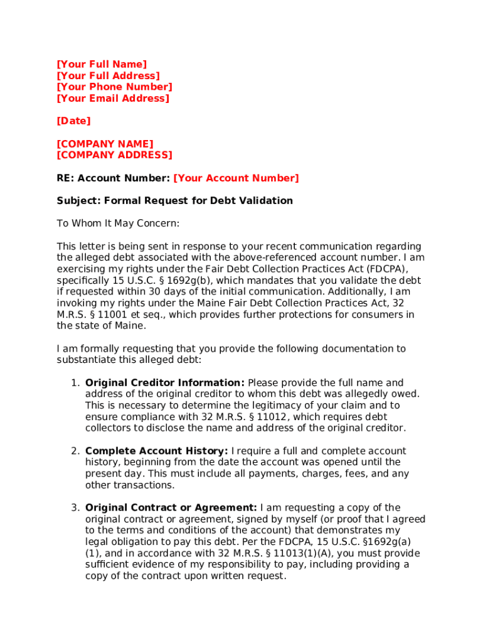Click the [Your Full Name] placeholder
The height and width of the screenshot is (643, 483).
tap(102, 64)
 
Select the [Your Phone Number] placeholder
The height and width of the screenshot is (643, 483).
tap(114, 87)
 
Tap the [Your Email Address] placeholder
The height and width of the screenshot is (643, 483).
tap(113, 99)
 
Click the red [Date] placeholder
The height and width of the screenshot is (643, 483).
tap(73, 121)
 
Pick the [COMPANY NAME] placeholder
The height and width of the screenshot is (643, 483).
tap(105, 144)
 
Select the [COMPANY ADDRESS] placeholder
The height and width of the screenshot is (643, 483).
tap(114, 155)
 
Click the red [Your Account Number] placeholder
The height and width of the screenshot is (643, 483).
tap(236, 178)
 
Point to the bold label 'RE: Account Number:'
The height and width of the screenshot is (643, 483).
tap(113, 178)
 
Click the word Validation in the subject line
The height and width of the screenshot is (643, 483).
tap(268, 201)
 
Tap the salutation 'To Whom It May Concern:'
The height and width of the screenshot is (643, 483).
tap(118, 224)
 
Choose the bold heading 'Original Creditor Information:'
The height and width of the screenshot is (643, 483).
tap(165, 383)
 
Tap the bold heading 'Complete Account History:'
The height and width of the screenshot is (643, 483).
tap(157, 451)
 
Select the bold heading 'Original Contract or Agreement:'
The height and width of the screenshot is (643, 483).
tap(171, 508)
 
